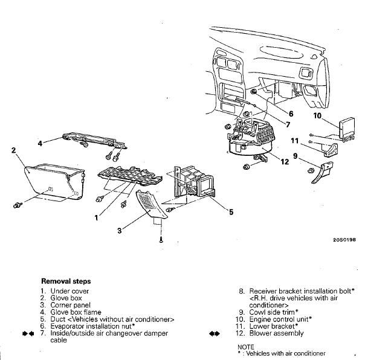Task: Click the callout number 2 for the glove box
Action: tap(13, 150)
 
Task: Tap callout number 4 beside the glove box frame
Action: tap(40, 144)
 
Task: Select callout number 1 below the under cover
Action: tap(95, 217)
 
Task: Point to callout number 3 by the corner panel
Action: tap(120, 231)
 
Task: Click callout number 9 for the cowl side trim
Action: tap(295, 155)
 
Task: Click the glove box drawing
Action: tap(54, 178)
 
